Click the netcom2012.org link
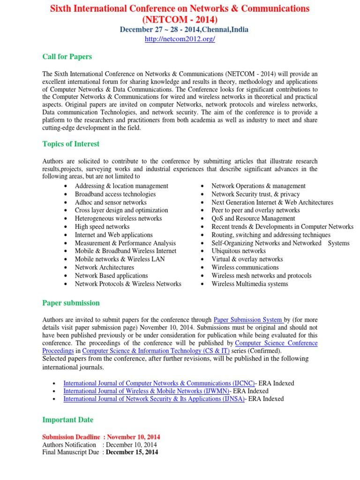(180, 39)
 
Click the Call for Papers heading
(67, 57)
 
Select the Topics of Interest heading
(71, 144)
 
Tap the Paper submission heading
(71, 303)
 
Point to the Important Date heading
(67, 420)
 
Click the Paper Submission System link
(248, 320)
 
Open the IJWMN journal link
(147, 391)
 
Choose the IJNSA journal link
(154, 399)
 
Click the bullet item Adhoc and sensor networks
(111, 202)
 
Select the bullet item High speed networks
(102, 226)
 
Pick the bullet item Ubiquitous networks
(239, 251)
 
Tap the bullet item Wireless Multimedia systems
(250, 284)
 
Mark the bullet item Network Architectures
(105, 267)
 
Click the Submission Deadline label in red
(71, 437)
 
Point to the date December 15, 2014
(132, 452)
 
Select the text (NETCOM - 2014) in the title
(180, 19)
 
